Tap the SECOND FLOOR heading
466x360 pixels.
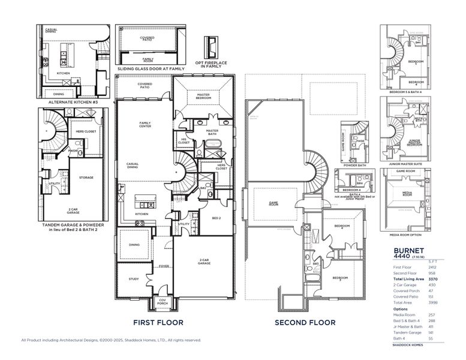point(305,322)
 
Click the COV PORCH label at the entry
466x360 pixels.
point(163,303)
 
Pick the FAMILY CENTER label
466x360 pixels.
point(145,125)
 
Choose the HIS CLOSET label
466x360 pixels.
point(183,141)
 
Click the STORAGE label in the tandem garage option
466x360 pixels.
point(86,177)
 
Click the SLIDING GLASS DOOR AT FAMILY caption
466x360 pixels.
point(151,69)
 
